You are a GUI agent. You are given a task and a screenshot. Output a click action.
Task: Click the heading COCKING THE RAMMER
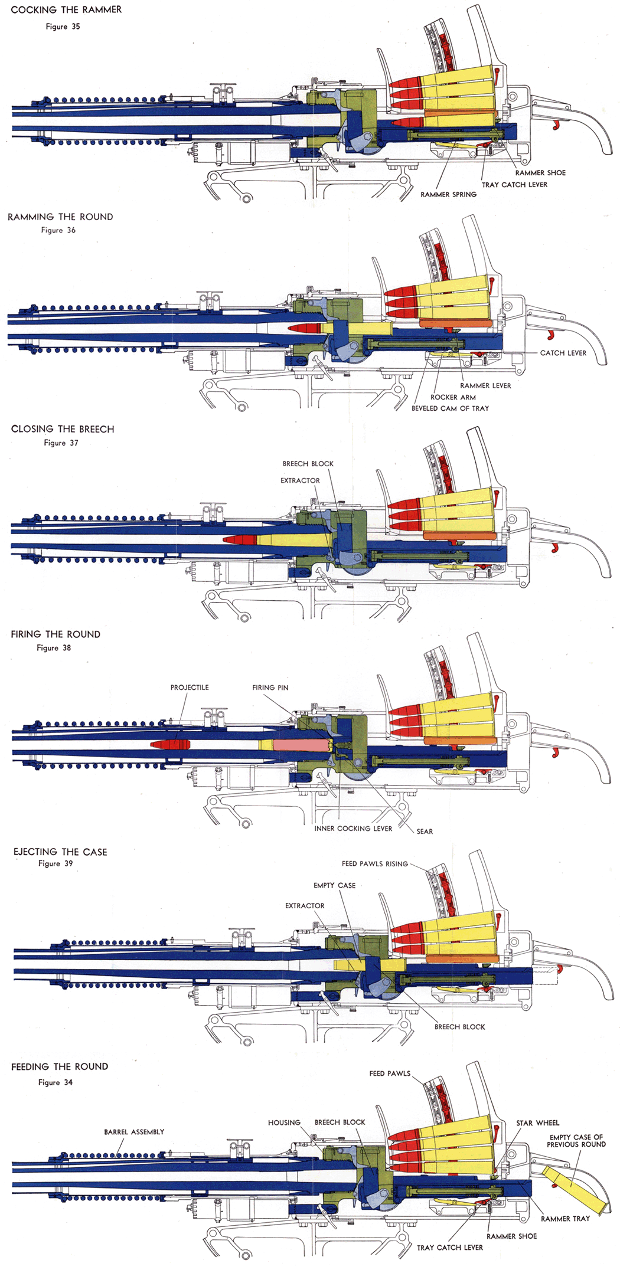(66, 10)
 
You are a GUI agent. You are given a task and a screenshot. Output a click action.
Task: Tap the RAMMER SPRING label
(448, 194)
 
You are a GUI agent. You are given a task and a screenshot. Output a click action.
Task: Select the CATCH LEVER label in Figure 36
(563, 353)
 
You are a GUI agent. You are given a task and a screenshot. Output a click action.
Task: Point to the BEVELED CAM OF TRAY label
(450, 408)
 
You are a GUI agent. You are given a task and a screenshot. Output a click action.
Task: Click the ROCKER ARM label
(453, 397)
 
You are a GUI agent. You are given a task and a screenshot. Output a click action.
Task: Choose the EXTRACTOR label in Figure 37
(300, 480)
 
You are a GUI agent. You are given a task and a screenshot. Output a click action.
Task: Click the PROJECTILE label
(190, 688)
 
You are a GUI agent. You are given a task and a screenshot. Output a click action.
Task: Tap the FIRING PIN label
(270, 688)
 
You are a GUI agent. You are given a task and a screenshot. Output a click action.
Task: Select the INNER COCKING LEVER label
(353, 829)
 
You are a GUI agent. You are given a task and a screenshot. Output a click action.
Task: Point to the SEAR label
(425, 832)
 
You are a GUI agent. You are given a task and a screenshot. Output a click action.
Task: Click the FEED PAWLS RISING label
(375, 863)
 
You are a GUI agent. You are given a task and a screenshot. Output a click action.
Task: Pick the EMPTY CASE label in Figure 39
(334, 885)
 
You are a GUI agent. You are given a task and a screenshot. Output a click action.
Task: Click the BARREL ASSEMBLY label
(134, 1132)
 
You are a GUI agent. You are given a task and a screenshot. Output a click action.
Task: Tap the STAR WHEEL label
(537, 1123)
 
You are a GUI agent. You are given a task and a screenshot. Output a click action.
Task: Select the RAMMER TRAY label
(565, 1219)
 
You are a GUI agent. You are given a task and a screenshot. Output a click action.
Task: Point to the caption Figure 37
(61, 443)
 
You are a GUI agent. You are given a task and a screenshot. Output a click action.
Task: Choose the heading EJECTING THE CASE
(60, 852)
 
